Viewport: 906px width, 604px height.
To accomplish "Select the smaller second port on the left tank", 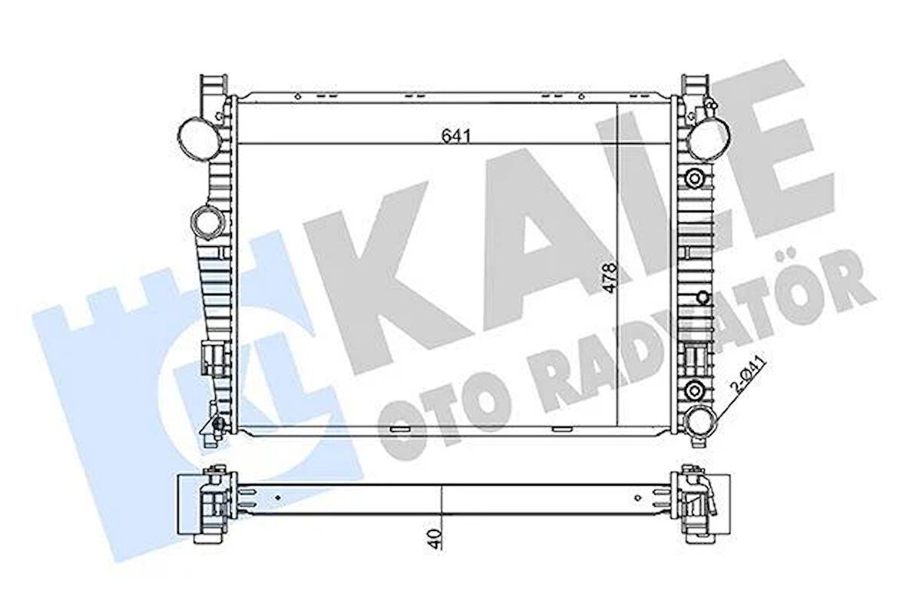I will click(207, 222).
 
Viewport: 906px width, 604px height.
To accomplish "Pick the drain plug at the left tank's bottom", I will click(217, 425).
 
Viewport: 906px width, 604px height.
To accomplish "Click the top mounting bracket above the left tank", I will click(213, 86).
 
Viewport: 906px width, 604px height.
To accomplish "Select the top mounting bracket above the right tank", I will click(693, 86).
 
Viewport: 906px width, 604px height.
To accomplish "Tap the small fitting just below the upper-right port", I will click(696, 178).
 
